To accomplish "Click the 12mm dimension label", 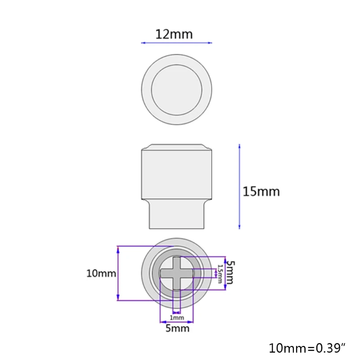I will pyautogui.click(x=174, y=34).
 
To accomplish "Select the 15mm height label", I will pyautogui.click(x=261, y=191).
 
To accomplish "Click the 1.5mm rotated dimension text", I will pyautogui.click(x=220, y=274).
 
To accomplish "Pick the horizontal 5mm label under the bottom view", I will pyautogui.click(x=177, y=328).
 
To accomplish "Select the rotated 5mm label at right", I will pyautogui.click(x=229, y=272).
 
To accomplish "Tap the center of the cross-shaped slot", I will pyautogui.click(x=177, y=273).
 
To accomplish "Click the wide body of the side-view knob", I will pyautogui.click(x=176, y=175).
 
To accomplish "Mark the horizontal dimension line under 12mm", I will pyautogui.click(x=176, y=43).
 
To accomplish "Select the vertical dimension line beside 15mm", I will pyautogui.click(x=239, y=186).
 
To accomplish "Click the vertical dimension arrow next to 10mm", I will pyautogui.click(x=118, y=273).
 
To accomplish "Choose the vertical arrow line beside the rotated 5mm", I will pyautogui.click(x=224, y=273).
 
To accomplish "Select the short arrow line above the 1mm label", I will pyautogui.click(x=177, y=311).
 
